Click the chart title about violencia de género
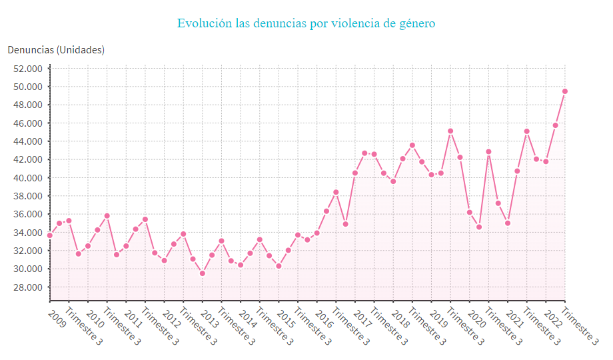[x=306, y=23]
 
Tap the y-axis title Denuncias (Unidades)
[x=56, y=50]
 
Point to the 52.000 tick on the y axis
[x=27, y=69]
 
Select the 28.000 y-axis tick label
[x=27, y=287]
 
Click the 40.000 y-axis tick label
[x=27, y=178]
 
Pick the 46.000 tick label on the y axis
[x=27, y=123]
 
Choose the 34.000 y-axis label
[x=27, y=233]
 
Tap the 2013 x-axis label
[x=211, y=312]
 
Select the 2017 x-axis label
[x=364, y=312]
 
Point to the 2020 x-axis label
[x=478, y=312]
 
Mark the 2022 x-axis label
[x=554, y=312]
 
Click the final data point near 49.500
[x=565, y=91]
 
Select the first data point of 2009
[x=50, y=235]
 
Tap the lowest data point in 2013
[x=203, y=273]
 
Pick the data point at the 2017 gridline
[x=355, y=173]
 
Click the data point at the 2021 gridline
[x=508, y=223]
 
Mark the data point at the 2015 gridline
[x=279, y=266]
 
